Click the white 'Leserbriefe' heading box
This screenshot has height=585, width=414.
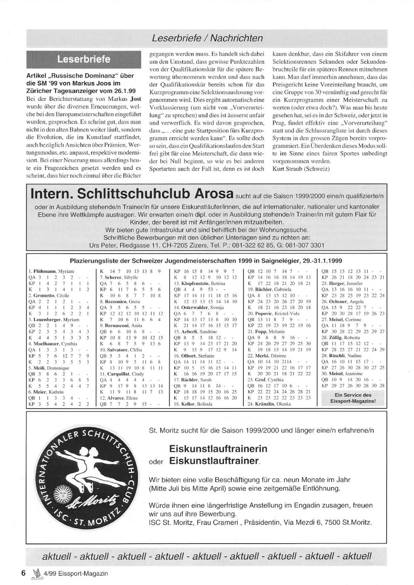[84, 59]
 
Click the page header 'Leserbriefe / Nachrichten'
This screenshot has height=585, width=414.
[207, 39]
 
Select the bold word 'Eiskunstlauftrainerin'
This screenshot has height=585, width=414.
[218, 449]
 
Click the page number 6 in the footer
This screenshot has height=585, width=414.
[24, 573]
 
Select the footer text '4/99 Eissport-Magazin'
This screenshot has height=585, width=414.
[75, 573]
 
